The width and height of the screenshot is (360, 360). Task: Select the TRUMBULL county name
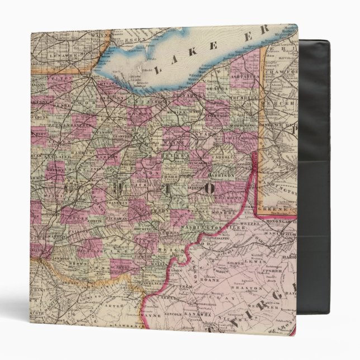pyautogui.click(x=239, y=97)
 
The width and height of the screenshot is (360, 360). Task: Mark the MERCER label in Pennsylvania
pyautogui.click(x=278, y=103)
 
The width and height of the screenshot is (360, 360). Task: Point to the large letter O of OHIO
pyautogui.click(x=207, y=188)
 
